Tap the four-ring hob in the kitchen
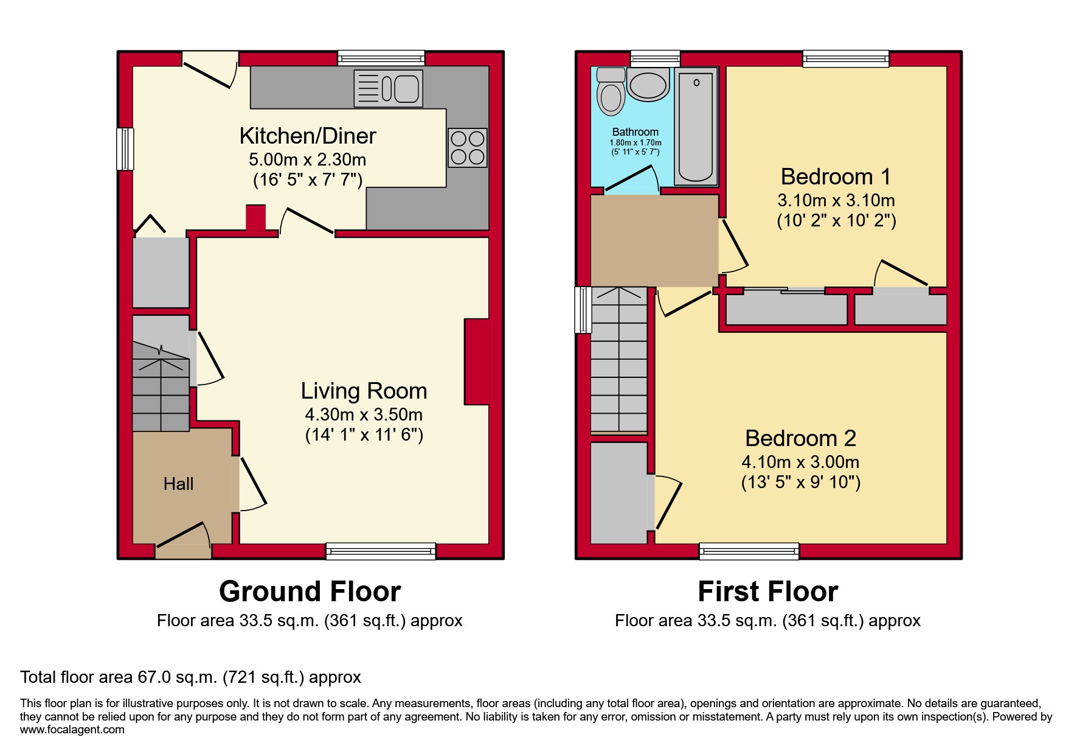pyautogui.click(x=468, y=148)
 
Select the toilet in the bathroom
pyautogui.click(x=611, y=93)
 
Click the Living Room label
pyautogui.click(x=364, y=391)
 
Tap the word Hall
pyautogui.click(x=178, y=484)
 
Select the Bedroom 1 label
pyautogui.click(x=836, y=177)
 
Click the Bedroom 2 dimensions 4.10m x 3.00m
pyautogui.click(x=800, y=462)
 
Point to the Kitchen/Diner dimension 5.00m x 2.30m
pyautogui.click(x=307, y=160)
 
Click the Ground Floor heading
pyautogui.click(x=310, y=592)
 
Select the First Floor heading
pyautogui.click(x=767, y=592)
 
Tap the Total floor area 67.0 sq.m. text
pyautogui.click(x=190, y=677)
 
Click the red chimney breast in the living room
pyautogui.click(x=476, y=361)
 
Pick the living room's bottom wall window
pyautogui.click(x=381, y=551)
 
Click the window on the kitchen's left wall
pyautogui.click(x=125, y=148)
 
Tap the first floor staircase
pyautogui.click(x=619, y=359)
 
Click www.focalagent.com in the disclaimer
pyautogui.click(x=72, y=730)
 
